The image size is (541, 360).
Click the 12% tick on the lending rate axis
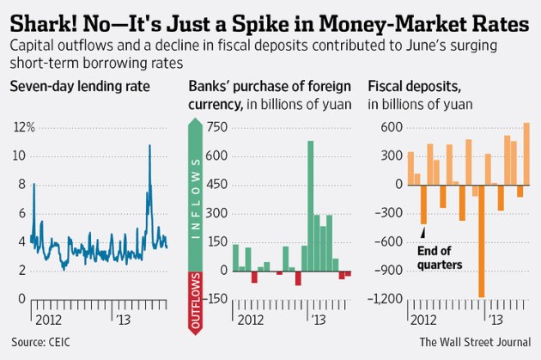pyautogui.click(x=22, y=127)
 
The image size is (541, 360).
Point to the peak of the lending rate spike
pyautogui.click(x=150, y=145)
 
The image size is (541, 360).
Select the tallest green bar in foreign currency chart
pyautogui.click(x=310, y=206)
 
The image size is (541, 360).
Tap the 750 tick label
pyautogui.click(x=217, y=127)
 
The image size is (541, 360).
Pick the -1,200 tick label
pyautogui.click(x=387, y=298)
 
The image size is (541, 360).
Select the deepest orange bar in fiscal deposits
pyautogui.click(x=482, y=241)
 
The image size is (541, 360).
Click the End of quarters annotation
pyautogui.click(x=440, y=258)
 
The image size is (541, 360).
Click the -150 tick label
pyautogui.click(x=216, y=298)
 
